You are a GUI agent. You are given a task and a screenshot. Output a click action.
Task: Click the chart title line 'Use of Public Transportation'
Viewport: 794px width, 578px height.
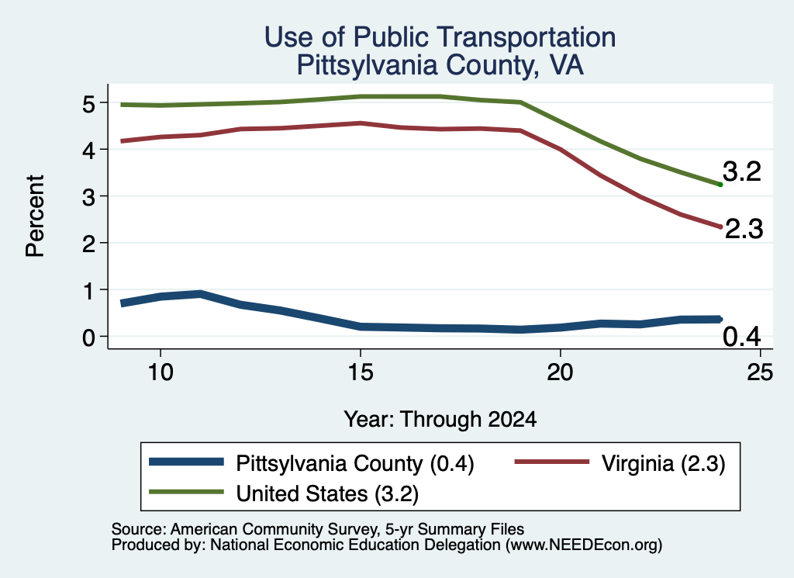tap(440, 37)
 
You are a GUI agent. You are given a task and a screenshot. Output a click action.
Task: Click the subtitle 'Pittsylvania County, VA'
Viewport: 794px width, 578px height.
tap(440, 65)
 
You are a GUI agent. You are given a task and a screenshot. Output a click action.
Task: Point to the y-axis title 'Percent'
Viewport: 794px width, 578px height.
tap(35, 216)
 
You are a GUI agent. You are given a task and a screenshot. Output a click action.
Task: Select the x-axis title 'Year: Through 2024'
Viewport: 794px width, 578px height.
tap(440, 420)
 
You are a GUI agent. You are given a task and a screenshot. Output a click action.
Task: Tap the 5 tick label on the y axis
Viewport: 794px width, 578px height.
tap(88, 104)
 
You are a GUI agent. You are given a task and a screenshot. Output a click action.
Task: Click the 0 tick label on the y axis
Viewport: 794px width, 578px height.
tap(88, 337)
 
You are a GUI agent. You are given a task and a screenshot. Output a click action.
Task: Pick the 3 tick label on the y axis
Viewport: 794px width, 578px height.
tap(88, 197)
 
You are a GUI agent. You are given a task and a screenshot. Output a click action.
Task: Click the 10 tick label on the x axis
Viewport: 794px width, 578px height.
tap(161, 373)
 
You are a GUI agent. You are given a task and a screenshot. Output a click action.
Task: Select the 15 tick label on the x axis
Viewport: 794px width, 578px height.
tap(360, 373)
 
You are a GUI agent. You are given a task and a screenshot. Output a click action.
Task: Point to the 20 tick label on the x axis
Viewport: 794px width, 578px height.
tap(560, 373)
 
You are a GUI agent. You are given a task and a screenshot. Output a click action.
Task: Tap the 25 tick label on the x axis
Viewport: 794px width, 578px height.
tap(760, 373)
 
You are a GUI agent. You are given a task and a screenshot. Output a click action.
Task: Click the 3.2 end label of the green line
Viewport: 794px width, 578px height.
tap(742, 171)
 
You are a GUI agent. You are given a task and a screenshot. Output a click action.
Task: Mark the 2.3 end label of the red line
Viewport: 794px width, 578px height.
tap(744, 229)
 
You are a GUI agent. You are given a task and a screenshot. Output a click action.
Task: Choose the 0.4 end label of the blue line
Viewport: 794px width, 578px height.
tap(742, 337)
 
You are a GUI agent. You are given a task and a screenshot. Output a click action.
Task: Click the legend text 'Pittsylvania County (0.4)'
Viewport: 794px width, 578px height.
tap(355, 464)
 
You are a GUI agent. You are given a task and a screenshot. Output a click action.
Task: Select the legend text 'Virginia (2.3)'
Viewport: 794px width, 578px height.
tap(664, 464)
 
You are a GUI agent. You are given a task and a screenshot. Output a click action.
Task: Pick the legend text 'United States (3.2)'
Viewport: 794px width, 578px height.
tap(327, 494)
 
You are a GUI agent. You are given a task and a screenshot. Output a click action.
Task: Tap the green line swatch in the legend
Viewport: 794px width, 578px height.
tap(186, 492)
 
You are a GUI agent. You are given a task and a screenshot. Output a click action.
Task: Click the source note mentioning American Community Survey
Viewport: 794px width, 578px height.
tap(317, 529)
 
